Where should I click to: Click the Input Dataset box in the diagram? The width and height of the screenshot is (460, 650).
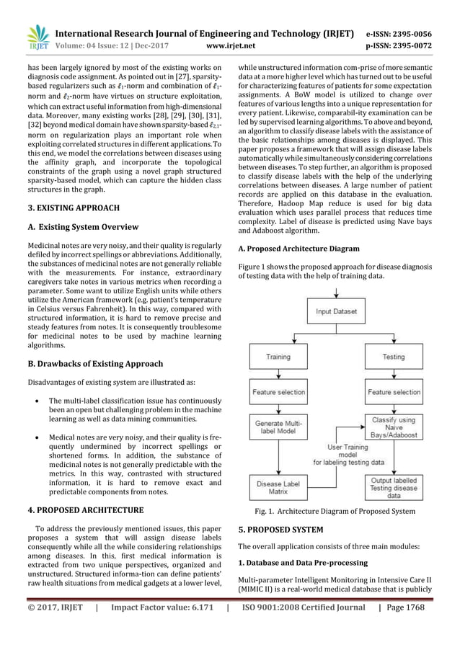click(x=336, y=311)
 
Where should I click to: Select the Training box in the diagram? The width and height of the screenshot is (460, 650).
click(x=278, y=356)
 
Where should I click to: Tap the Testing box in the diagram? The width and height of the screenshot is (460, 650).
click(x=394, y=356)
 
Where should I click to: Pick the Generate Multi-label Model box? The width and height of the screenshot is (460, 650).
click(x=278, y=427)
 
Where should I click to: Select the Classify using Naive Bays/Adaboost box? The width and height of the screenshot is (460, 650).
click(x=394, y=426)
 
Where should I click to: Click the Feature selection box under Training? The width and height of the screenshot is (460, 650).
click(x=278, y=392)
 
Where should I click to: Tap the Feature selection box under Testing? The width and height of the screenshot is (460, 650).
click(x=394, y=392)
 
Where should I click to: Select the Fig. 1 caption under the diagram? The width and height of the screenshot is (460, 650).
click(x=335, y=511)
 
